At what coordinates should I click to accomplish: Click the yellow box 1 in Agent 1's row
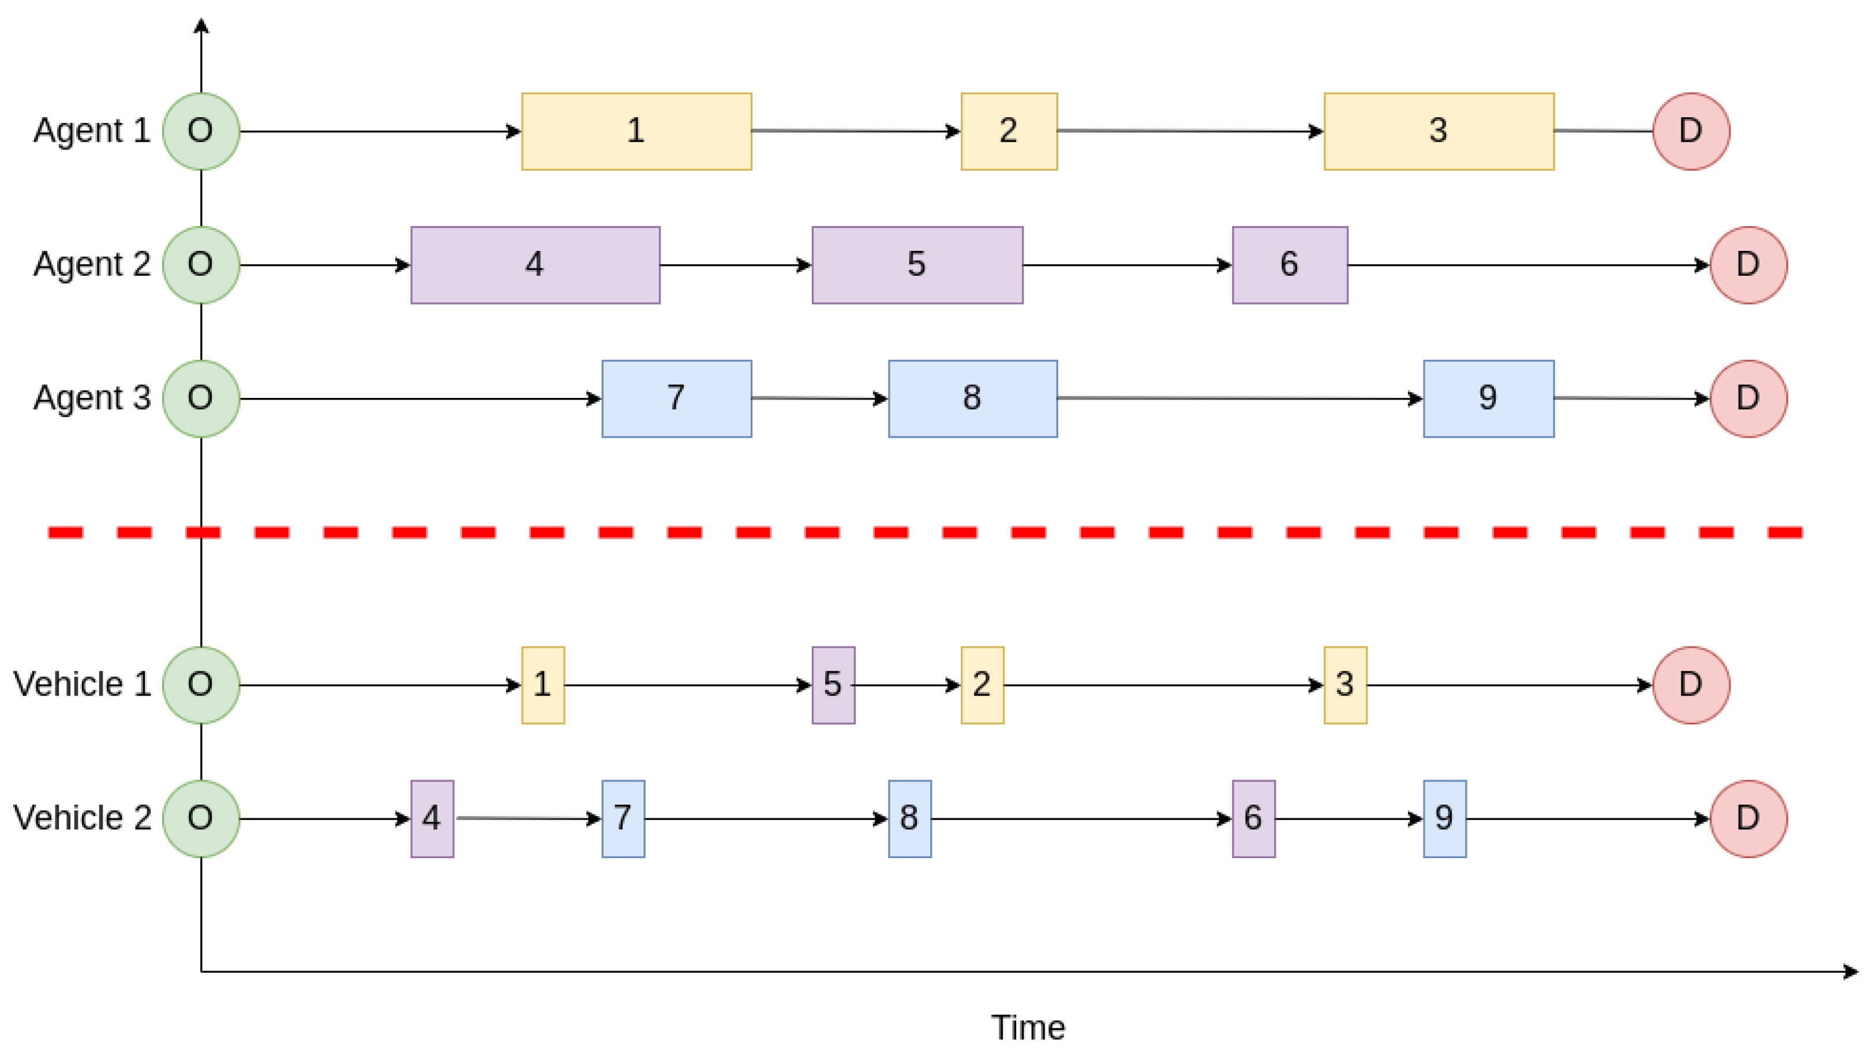coord(636,131)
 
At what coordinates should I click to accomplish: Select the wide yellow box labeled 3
coord(1438,131)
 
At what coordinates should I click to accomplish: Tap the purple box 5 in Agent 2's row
coord(917,265)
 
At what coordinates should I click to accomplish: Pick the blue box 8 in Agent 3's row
coord(972,399)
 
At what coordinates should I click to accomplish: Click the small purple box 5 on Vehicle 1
coord(833,685)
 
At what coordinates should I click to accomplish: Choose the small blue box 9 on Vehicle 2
coord(1444,818)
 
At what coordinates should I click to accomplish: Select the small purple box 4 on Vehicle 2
coord(432,818)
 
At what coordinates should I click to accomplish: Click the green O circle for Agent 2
coord(201,265)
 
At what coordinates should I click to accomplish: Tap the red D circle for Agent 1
coord(1691,131)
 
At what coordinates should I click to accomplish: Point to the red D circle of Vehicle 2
coord(1748,818)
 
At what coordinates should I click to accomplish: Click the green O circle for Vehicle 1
coord(201,685)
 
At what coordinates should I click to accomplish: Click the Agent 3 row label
coord(92,399)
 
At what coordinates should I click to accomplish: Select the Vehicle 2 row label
coord(82,818)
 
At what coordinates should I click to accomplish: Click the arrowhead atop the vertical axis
coord(201,26)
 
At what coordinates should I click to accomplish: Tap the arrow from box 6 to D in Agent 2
coord(1527,265)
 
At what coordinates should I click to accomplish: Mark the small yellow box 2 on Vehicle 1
coord(982,685)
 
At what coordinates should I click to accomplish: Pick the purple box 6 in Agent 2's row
coord(1289,265)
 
